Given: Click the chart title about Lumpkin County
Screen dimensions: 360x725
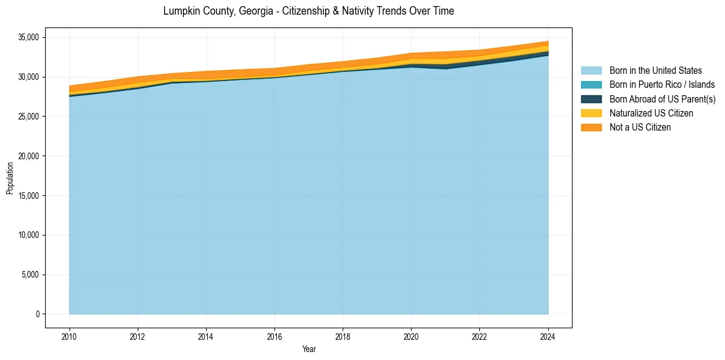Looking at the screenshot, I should [309, 11].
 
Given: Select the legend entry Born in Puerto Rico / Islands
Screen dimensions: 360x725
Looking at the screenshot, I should [662, 85].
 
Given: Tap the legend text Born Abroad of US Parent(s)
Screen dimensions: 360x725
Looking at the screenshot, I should [662, 99].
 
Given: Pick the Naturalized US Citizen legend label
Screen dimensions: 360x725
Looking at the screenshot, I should [651, 113].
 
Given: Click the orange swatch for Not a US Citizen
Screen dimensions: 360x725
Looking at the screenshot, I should [591, 128].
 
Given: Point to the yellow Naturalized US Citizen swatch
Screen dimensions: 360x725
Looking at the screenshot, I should [591, 113].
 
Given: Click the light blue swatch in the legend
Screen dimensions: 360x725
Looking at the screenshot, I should [591, 71].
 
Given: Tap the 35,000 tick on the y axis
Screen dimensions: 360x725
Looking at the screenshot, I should [28, 38].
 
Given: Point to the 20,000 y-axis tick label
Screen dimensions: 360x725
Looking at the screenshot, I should [28, 156].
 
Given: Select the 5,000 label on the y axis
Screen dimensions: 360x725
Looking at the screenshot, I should [30, 275].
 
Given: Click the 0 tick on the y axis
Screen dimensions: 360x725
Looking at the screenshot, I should [37, 314].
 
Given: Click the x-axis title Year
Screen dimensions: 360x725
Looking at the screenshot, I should [309, 349].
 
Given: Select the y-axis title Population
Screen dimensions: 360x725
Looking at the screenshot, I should [10, 178].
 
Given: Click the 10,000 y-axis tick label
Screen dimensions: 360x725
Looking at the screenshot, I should [28, 236].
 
